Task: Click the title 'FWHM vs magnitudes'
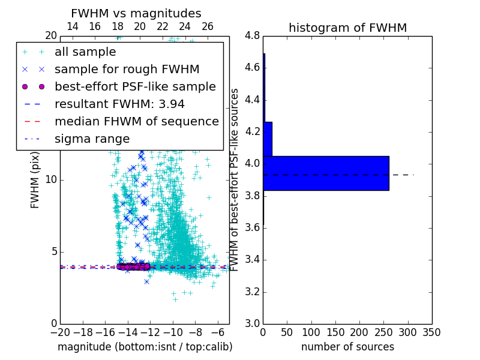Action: pos(136,13)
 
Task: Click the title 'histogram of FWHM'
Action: pos(347,28)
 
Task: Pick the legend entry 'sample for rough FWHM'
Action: pos(127,69)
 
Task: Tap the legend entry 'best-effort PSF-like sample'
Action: pos(135,86)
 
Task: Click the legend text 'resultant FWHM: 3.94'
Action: pos(119,104)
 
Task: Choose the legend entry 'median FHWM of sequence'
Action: pos(136,121)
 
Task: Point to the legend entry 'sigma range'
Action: pos(92,139)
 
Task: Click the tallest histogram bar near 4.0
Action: pos(326,173)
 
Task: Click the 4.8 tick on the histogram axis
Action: pos(252,36)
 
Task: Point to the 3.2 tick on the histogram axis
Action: pos(252,292)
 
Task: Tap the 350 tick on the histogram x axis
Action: pos(431,332)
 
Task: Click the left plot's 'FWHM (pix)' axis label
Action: pos(35,180)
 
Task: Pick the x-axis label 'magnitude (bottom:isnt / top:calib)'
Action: pos(145,347)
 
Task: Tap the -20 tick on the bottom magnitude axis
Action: pos(60,332)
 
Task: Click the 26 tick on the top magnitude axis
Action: pos(208,26)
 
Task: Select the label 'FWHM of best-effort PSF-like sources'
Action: pos(235,180)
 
